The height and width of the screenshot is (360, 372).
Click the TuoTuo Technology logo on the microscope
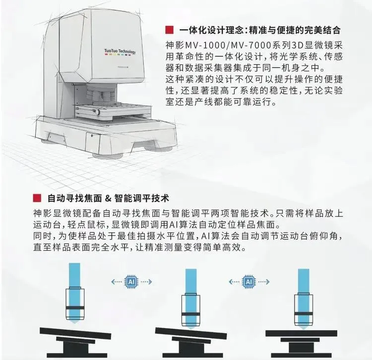(x=120, y=52)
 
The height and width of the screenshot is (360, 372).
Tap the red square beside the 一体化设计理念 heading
(x=170, y=30)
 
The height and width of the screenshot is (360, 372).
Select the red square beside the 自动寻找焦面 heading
(x=37, y=198)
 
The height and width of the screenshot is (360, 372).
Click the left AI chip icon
(x=131, y=282)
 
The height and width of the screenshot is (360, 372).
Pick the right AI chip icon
(x=248, y=282)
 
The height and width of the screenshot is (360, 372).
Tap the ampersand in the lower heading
(x=108, y=198)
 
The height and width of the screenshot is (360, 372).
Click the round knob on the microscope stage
(x=97, y=112)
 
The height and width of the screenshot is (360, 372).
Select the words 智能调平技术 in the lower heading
(x=142, y=198)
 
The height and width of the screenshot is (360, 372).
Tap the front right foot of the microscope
(x=159, y=148)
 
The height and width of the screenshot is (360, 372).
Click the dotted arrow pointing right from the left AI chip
(x=146, y=282)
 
